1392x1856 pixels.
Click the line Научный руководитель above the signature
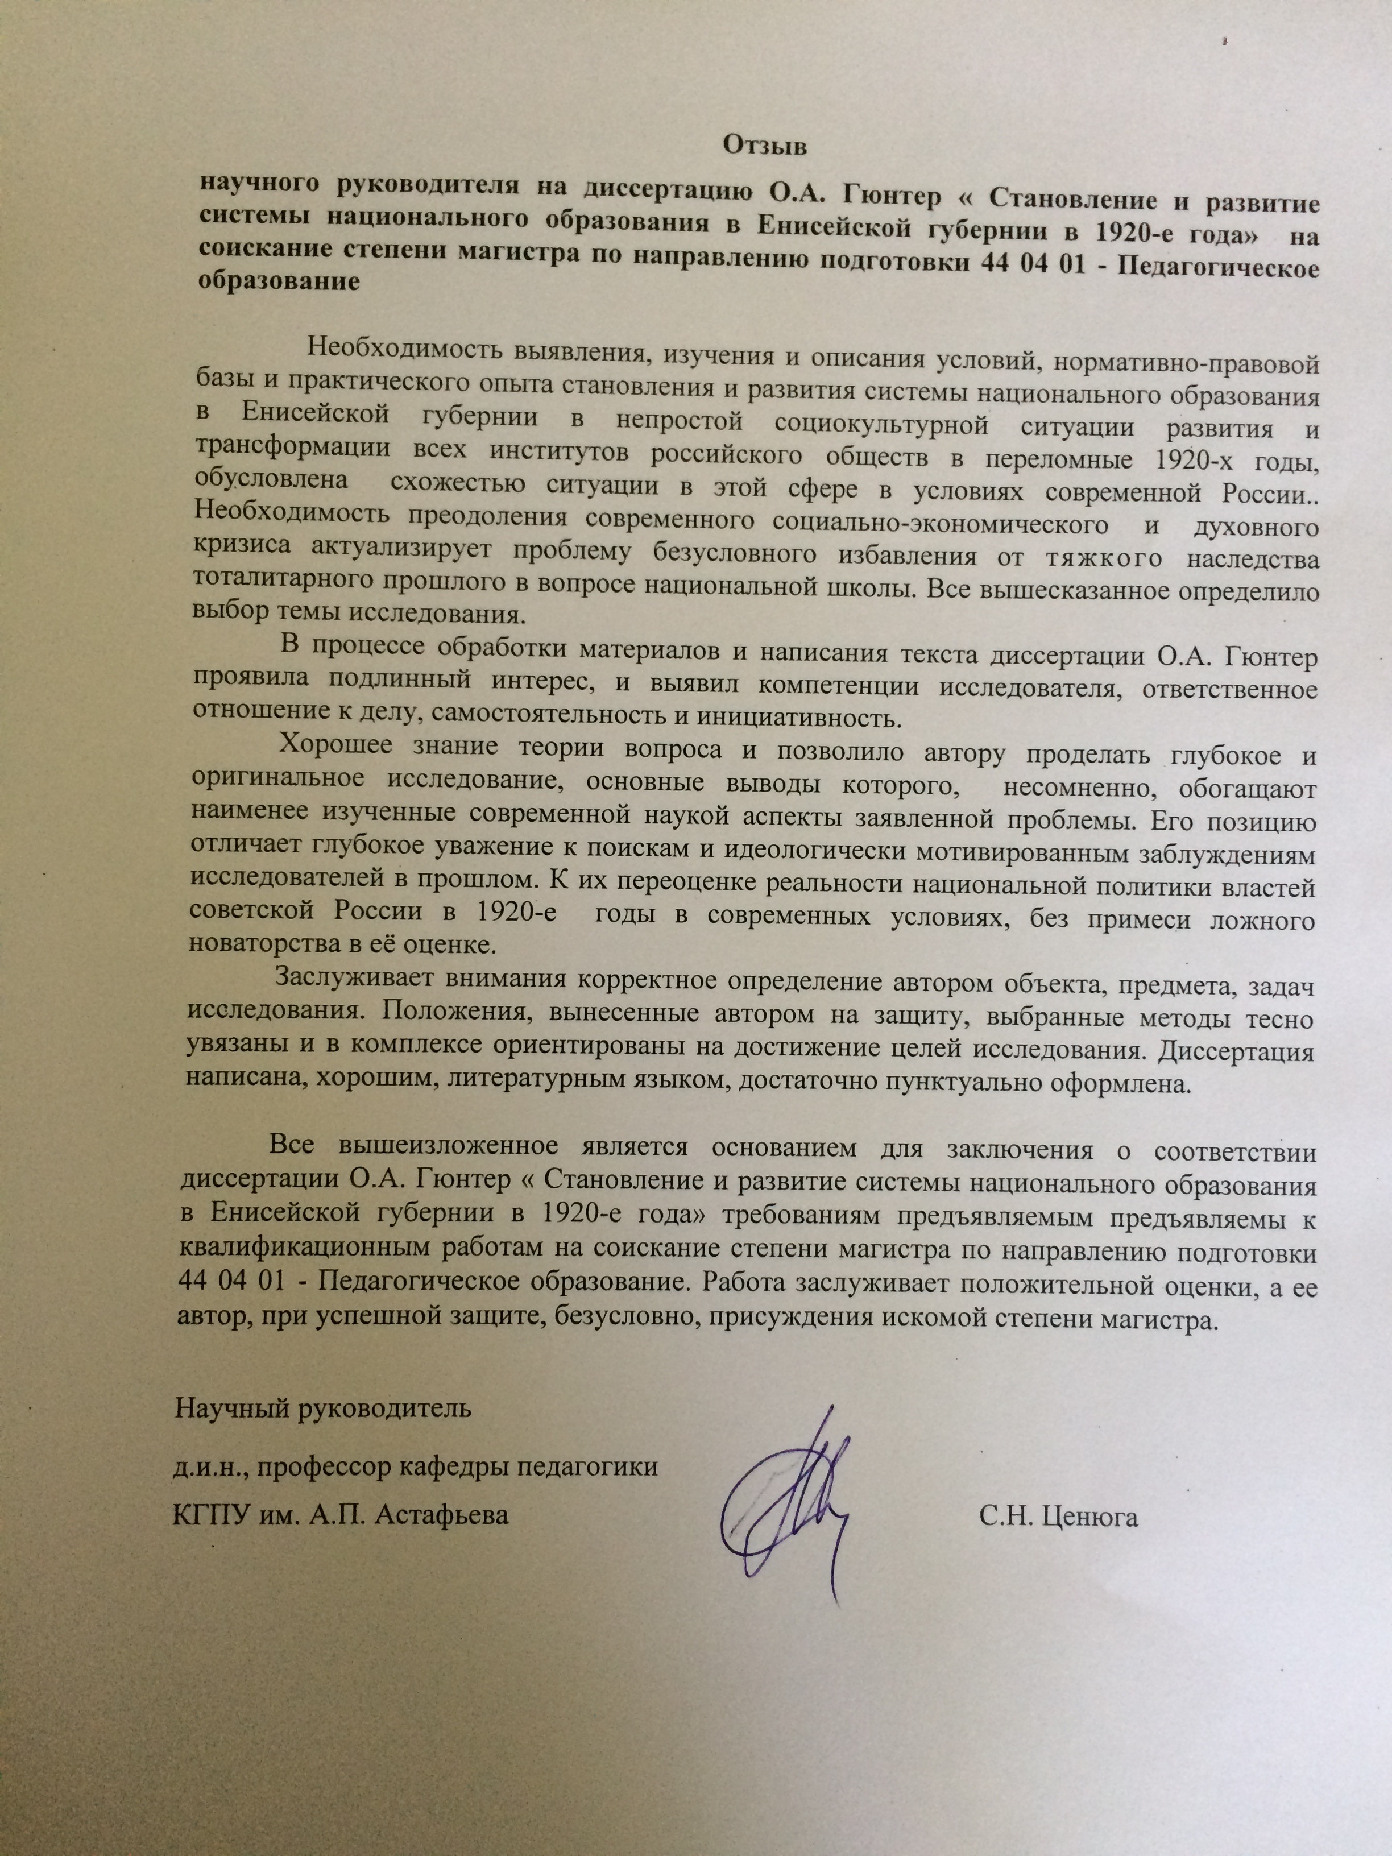[x=322, y=1407]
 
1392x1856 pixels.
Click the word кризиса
[x=242, y=546]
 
